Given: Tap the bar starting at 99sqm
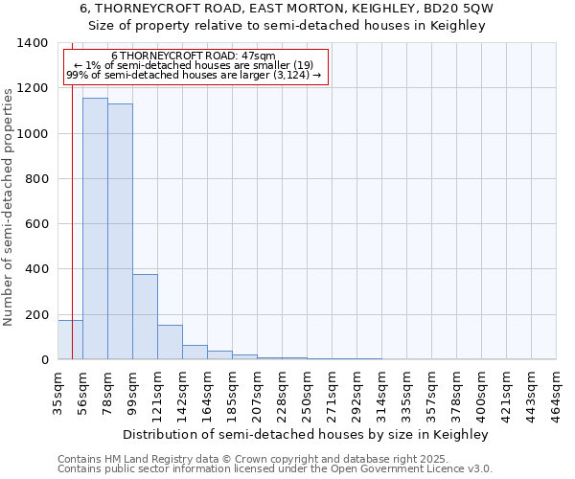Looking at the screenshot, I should [145, 316].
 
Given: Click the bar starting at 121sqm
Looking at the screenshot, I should [170, 342].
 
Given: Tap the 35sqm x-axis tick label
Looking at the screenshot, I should [58, 390].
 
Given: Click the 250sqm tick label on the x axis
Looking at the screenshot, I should [308, 392].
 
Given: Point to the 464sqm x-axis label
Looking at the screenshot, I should [557, 392].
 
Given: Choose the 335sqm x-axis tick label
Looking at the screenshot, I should [407, 392].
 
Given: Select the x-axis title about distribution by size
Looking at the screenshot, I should [306, 434].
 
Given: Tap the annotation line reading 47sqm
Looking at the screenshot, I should [194, 56].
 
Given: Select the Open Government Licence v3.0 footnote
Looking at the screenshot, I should [275, 469].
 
